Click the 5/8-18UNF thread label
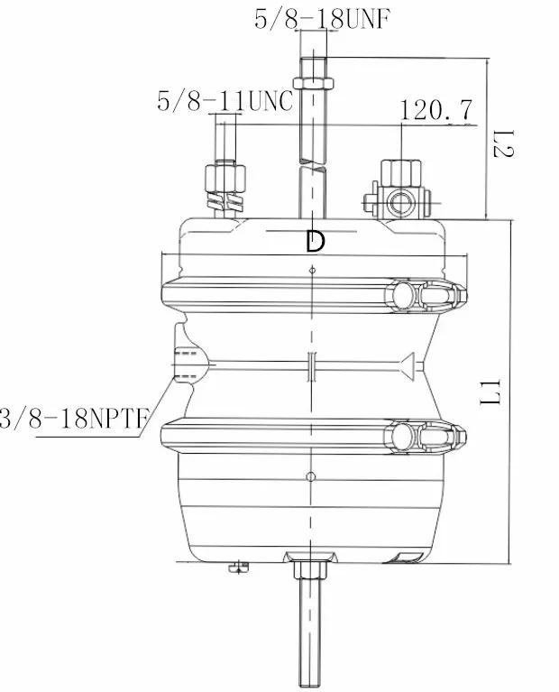[x=324, y=18]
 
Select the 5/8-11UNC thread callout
[x=225, y=100]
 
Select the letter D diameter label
[x=314, y=241]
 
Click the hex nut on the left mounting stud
[x=225, y=174]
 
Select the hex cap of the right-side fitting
[x=396, y=171]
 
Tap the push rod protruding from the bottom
[x=308, y=632]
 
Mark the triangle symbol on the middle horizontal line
[x=408, y=364]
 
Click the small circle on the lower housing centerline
[x=311, y=475]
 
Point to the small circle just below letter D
[x=312, y=270]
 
